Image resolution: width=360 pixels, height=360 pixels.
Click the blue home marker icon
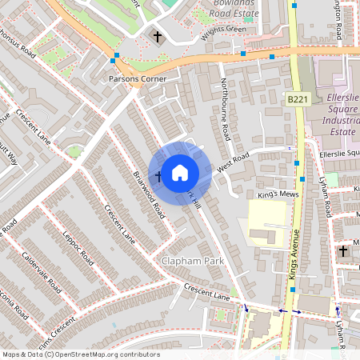pyautogui.click(x=180, y=172)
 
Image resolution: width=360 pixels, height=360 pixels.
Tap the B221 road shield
pyautogui.click(x=298, y=99)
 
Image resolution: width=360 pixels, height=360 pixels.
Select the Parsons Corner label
pyautogui.click(x=138, y=79)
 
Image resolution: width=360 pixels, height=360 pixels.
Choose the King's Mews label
pyautogui.click(x=277, y=194)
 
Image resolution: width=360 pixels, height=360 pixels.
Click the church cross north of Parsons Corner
pyautogui.click(x=158, y=37)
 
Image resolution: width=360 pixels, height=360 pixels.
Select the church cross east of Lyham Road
pyautogui.click(x=343, y=251)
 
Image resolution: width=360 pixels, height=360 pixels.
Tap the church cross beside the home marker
pyautogui.click(x=158, y=176)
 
